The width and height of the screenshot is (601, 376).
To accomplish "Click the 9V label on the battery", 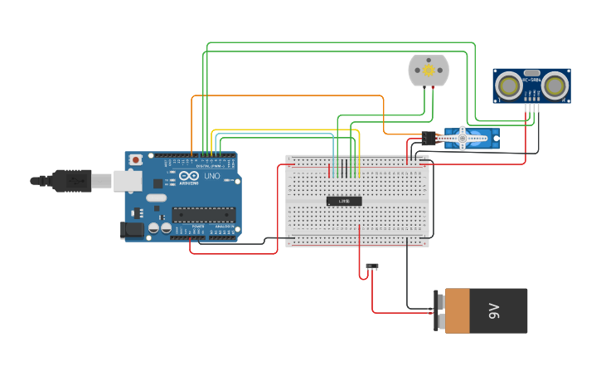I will pyautogui.click(x=494, y=310).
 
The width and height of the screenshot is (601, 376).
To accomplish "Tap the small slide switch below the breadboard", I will pyautogui.click(x=372, y=266).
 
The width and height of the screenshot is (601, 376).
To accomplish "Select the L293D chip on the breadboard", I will pyautogui.click(x=343, y=201).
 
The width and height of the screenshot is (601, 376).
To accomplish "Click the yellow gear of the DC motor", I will pyautogui.click(x=429, y=71).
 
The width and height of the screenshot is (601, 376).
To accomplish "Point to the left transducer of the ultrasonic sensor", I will pyautogui.click(x=508, y=85).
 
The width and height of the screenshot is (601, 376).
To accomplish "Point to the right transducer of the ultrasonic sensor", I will pyautogui.click(x=555, y=85).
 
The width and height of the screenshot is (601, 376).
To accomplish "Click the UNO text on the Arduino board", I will pyautogui.click(x=212, y=175).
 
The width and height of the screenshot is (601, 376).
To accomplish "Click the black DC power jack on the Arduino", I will pyautogui.click(x=133, y=231).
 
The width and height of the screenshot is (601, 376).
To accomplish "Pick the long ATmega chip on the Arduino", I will pyautogui.click(x=203, y=214).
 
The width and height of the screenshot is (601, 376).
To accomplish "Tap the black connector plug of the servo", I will pyautogui.click(x=428, y=138).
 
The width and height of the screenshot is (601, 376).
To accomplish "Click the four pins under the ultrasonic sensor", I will pyautogui.click(x=531, y=106).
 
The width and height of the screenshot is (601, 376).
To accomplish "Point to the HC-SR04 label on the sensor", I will pyautogui.click(x=531, y=72).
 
